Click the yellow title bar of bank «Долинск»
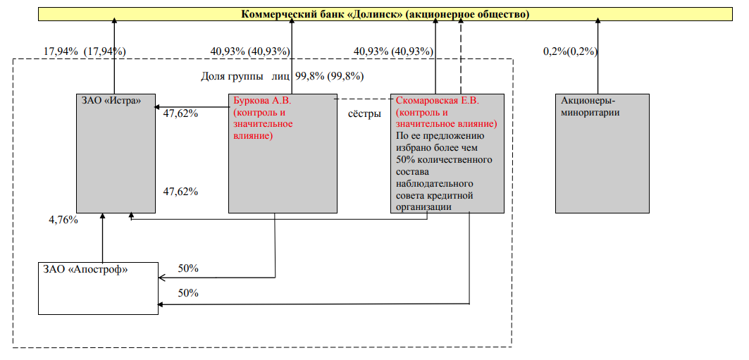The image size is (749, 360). pyautogui.click(x=386, y=14)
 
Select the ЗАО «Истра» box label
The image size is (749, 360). pyautogui.click(x=110, y=100)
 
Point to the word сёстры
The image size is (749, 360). pyautogui.click(x=365, y=114)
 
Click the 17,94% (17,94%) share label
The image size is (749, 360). pyautogui.click(x=85, y=51)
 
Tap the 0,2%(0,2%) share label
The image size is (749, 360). pyautogui.click(x=570, y=51)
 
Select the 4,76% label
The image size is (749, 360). pyautogui.click(x=63, y=220)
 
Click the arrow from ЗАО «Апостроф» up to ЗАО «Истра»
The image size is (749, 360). pyautogui.click(x=102, y=237)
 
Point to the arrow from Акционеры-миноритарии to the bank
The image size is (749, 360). pyautogui.click(x=598, y=56)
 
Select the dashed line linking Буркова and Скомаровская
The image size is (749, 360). pyautogui.click(x=364, y=99)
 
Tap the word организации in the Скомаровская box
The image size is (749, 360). pyautogui.click(x=424, y=206)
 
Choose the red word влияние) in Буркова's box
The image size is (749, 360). pyautogui.click(x=253, y=135)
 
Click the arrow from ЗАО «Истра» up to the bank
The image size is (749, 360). pyautogui.click(x=115, y=56)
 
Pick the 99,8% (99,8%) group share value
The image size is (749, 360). pyautogui.click(x=330, y=76)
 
